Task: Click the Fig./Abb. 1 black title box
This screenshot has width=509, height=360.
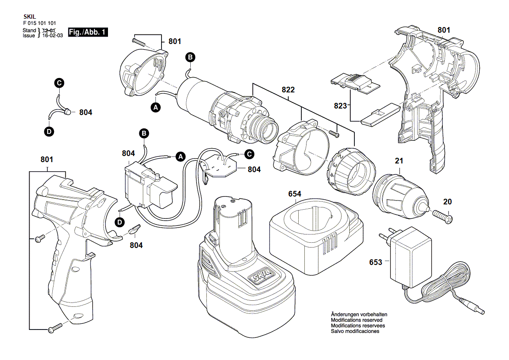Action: [88, 32]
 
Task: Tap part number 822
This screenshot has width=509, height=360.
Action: [288, 90]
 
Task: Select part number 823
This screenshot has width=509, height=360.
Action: [340, 105]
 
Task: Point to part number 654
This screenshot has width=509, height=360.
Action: [294, 194]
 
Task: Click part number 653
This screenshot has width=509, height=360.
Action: [376, 262]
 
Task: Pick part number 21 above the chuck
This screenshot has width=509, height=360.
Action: [399, 161]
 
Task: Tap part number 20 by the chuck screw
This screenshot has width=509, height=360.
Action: [447, 202]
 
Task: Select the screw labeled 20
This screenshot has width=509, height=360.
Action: [442, 216]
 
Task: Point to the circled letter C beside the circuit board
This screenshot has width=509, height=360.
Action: [249, 154]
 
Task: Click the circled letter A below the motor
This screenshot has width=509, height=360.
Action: [156, 107]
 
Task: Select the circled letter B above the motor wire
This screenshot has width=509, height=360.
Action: [190, 58]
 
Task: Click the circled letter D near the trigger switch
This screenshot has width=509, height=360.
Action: [120, 222]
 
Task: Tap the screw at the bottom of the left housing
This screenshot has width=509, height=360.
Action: [55, 328]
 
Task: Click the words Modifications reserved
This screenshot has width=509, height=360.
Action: [357, 320]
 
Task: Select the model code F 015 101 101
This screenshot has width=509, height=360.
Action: [40, 23]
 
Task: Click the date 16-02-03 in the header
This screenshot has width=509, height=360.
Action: [53, 35]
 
